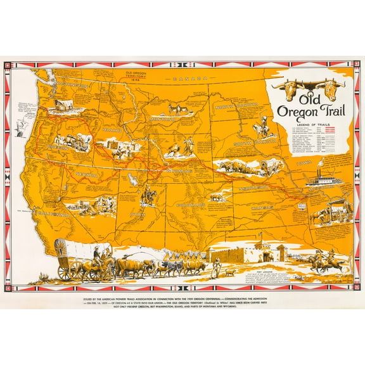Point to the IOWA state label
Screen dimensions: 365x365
(x=304, y=163)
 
